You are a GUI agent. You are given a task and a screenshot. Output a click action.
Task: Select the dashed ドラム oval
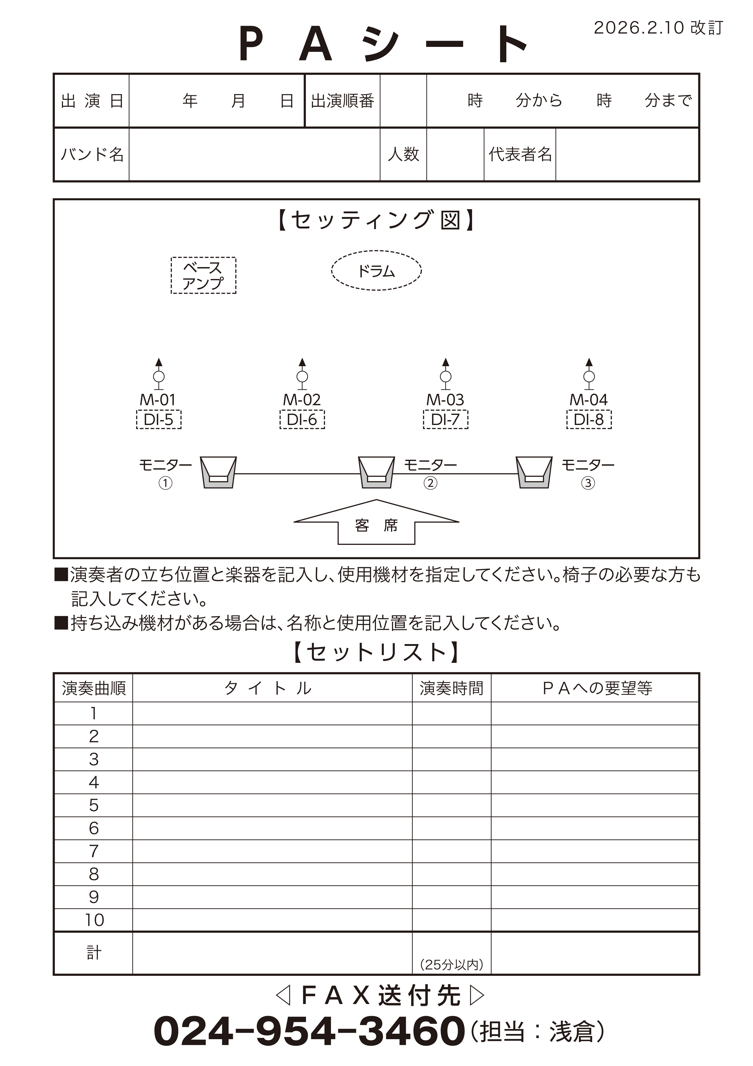376,271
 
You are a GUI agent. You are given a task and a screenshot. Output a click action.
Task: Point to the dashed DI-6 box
302,420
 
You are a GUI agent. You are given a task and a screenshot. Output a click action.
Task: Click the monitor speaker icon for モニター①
218,472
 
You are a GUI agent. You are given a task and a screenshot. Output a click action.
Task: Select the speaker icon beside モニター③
534,472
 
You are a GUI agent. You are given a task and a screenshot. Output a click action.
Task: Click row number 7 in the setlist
94,851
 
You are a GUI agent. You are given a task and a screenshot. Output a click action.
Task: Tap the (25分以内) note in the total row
451,965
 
